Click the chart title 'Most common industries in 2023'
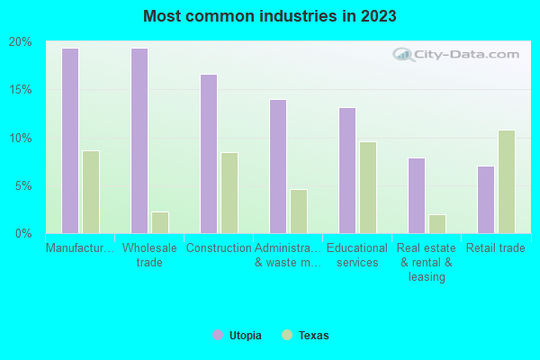point(269,16)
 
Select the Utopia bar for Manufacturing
point(70,140)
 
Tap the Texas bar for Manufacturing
point(91,192)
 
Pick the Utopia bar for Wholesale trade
point(139,140)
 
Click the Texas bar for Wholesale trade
point(160,222)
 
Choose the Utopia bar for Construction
point(209,154)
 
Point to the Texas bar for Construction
point(229,193)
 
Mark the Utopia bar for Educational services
point(347,170)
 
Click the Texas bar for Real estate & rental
point(437,224)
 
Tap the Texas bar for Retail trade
point(507,182)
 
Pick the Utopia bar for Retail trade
point(486,200)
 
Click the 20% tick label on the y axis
point(21,42)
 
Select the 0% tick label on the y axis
point(23,234)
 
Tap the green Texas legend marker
point(287,336)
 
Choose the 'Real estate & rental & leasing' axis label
point(427,262)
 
